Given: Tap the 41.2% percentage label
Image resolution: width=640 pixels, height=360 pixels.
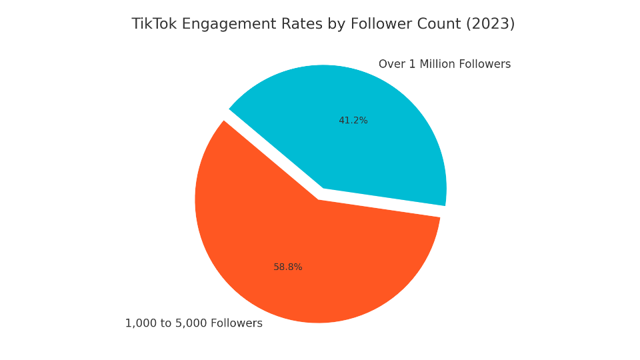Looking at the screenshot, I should tap(353, 121).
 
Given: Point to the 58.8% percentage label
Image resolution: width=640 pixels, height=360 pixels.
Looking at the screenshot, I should tap(288, 267).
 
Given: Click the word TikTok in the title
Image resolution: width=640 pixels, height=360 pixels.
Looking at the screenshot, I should tap(153, 24).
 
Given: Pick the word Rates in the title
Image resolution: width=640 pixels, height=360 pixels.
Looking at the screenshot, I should tap(299, 24).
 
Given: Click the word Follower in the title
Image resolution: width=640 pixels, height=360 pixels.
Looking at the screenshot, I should tap(378, 24).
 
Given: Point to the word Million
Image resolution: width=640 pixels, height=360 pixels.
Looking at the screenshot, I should tap(436, 65).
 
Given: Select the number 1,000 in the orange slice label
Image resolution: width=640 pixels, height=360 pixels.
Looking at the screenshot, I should tap(139, 323).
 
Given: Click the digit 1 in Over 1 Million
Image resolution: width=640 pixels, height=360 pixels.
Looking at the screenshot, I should tap(412, 65).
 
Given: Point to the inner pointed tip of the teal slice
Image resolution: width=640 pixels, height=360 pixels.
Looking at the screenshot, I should tap(324, 188).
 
